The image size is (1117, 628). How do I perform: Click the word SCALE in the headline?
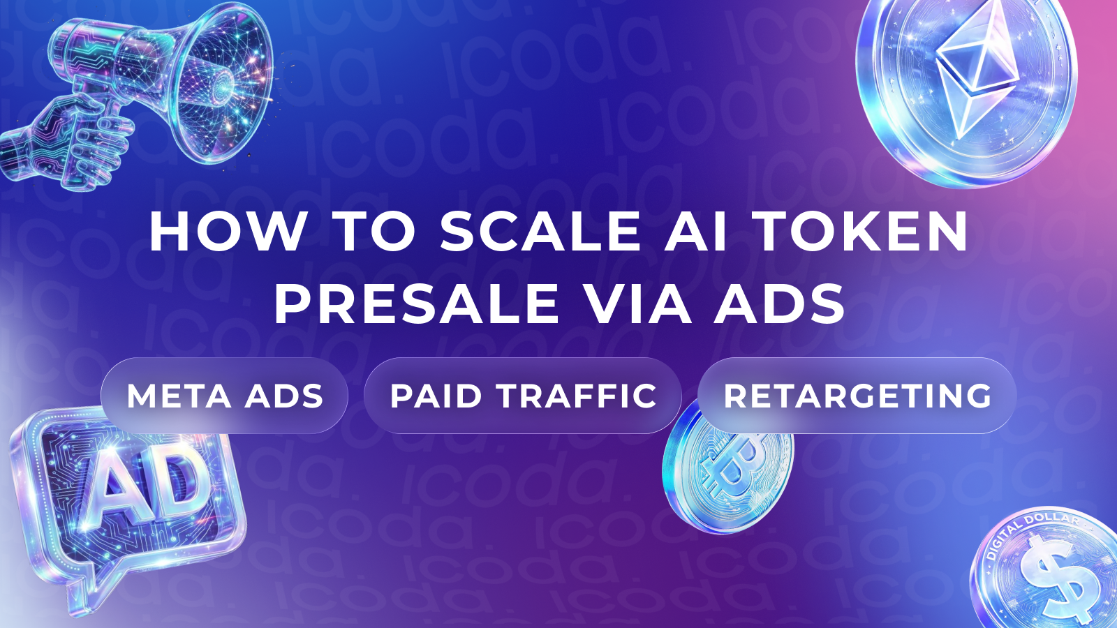click(x=540, y=232)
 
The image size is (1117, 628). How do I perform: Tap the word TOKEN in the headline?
click(x=864, y=232)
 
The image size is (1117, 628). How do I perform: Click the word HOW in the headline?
click(x=228, y=232)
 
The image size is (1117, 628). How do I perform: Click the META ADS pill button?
click(x=224, y=396)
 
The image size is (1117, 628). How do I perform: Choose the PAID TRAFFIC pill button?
click(x=523, y=396)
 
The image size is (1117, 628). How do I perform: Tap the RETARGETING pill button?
click(x=857, y=396)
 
